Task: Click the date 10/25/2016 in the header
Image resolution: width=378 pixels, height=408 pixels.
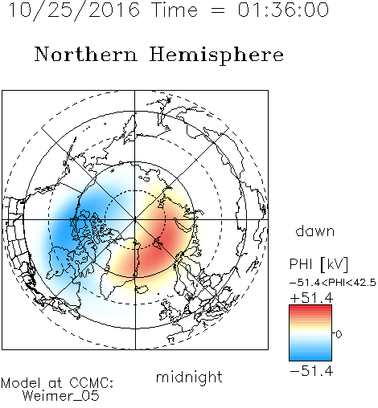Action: pos(74,10)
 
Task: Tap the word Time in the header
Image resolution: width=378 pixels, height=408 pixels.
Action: pos(175,10)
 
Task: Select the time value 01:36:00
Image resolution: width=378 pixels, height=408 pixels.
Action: pos(283,10)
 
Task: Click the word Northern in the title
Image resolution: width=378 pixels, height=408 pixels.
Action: pos(86,54)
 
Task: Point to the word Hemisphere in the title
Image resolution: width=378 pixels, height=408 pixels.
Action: pos(216,55)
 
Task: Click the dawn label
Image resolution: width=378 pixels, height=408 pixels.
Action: pos(315,231)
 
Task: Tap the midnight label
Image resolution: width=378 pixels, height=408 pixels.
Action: pos(189,377)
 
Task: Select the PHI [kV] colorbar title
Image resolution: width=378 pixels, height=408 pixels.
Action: pos(318,264)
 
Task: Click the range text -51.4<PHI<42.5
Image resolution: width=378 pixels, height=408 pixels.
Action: pos(333,283)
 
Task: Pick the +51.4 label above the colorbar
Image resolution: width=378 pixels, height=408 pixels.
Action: pos(311,298)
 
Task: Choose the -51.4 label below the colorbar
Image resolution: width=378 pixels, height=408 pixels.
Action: pos(311,371)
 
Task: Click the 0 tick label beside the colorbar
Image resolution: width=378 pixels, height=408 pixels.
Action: pos(339,334)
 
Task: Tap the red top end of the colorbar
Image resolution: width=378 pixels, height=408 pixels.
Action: pos(310,307)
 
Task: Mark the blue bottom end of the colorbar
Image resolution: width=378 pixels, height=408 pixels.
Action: pos(310,358)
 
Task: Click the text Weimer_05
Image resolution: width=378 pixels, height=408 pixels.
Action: pos(60,396)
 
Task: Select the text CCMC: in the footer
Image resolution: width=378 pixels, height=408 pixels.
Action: pos(91,383)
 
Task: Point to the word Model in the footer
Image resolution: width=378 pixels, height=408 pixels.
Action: pos(21,383)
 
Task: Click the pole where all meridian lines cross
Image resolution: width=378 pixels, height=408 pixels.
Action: pos(135,219)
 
